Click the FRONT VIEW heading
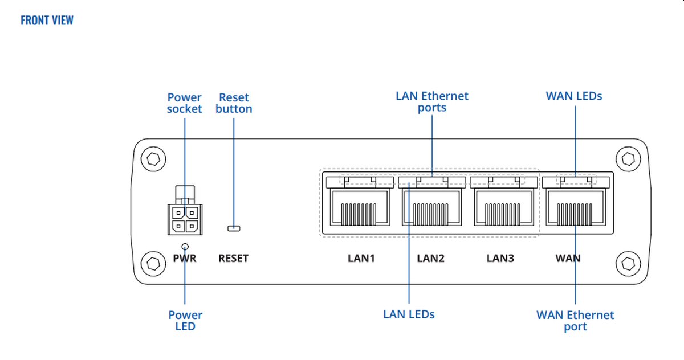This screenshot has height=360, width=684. coord(47,21)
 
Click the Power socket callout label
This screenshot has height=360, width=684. coord(184,103)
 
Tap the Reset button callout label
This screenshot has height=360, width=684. coord(234,103)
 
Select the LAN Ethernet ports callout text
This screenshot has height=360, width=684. coord(432,101)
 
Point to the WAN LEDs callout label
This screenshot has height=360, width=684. coord(574,96)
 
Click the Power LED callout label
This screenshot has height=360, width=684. coord(185,320)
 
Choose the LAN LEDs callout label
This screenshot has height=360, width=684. coord(409,314)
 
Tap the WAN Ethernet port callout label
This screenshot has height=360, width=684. coord(575,320)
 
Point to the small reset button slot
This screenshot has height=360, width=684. coord(234,228)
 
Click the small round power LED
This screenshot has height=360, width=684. coord(185,246)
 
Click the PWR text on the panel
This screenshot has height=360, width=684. coord(185,259)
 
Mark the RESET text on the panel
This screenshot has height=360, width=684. coord(233,259)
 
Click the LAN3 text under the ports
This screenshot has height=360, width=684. coord(500,259)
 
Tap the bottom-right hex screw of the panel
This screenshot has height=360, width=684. coord(628,263)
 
